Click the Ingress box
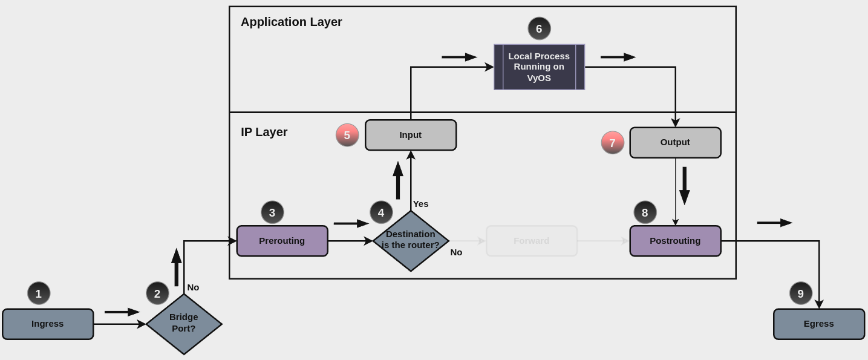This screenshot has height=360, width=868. (x=48, y=324)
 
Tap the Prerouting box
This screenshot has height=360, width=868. (x=282, y=241)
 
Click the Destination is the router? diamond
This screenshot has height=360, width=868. (x=411, y=241)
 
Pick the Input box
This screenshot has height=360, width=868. (x=411, y=135)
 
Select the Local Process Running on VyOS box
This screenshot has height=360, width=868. (x=539, y=67)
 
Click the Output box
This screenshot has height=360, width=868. (x=675, y=143)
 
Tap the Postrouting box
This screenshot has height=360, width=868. (x=675, y=241)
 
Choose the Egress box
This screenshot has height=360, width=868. (x=818, y=324)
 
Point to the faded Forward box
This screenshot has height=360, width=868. (x=532, y=241)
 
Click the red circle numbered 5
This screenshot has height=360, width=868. (x=347, y=135)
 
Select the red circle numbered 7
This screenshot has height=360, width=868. (x=612, y=143)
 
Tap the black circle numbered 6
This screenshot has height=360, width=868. (x=539, y=28)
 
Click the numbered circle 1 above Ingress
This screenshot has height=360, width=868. (x=39, y=293)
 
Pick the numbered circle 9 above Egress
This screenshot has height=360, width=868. (x=800, y=293)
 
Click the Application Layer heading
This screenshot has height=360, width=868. (x=291, y=22)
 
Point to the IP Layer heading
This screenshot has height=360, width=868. (x=264, y=132)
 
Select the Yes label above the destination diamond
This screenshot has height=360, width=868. (x=420, y=204)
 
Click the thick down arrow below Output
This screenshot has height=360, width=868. (x=684, y=186)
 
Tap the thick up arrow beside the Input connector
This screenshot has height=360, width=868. (x=398, y=180)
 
